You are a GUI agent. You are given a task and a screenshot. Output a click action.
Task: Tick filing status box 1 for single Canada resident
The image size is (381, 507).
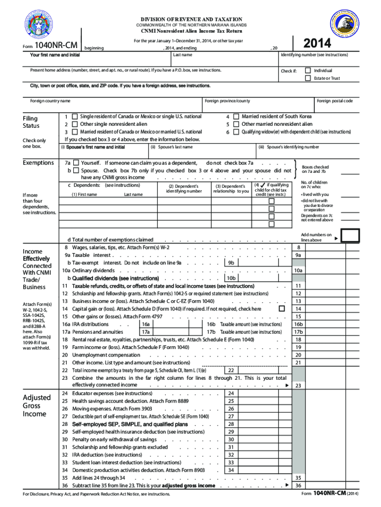pos(75,116)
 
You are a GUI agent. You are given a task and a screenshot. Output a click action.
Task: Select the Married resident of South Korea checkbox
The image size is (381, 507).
pos(237,116)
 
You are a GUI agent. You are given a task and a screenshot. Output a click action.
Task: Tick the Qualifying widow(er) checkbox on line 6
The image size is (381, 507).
pos(237,132)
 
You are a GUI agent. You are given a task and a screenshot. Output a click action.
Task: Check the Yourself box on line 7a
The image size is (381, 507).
pos(76,163)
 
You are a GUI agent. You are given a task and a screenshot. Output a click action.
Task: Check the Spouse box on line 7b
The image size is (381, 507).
pos(76,170)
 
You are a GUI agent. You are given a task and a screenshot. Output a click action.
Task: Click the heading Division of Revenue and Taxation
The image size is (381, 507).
pos(191,18)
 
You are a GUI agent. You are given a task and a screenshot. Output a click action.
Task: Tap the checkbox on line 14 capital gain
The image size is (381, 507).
pos(282,308)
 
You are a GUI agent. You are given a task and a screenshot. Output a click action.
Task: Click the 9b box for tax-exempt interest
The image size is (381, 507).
pos(231,263)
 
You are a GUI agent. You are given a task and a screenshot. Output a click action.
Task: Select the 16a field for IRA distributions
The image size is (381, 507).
pos(146,324)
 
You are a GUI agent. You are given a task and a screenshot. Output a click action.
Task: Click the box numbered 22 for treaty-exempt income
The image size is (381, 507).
pos(231,370)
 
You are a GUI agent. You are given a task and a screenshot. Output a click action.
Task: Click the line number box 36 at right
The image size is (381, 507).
pos(298,486)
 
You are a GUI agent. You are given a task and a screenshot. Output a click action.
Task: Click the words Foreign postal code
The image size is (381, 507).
pos(334,101)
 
